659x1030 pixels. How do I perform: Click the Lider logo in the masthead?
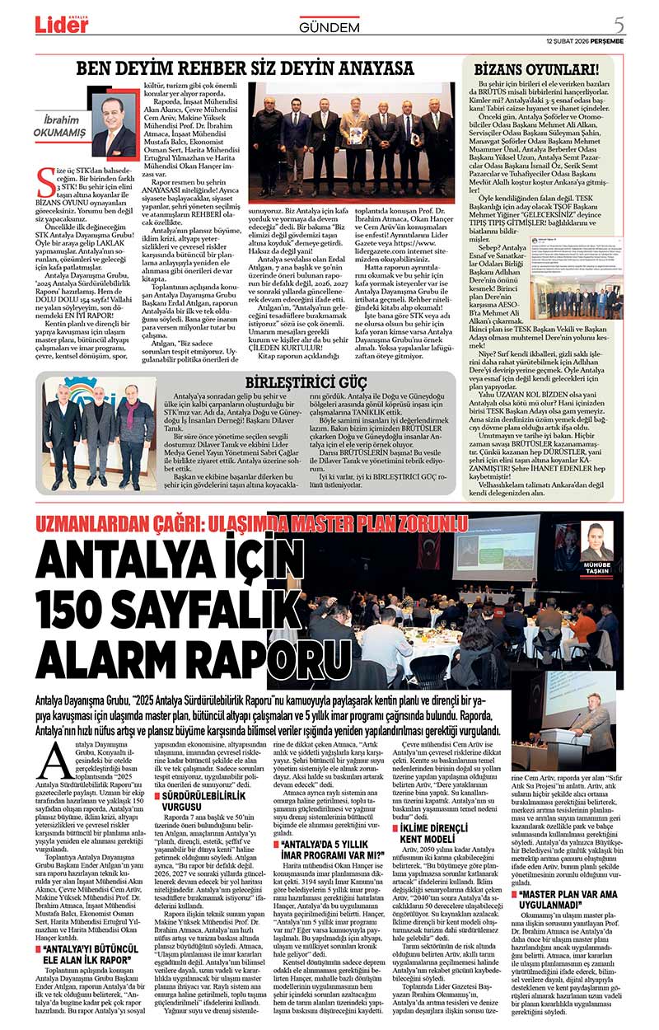coord(61,26)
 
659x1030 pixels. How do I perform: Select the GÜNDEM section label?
coord(329,27)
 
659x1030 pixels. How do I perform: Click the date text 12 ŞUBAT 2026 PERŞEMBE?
coord(585,40)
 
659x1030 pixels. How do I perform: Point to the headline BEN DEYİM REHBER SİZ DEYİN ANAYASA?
coord(245,68)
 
